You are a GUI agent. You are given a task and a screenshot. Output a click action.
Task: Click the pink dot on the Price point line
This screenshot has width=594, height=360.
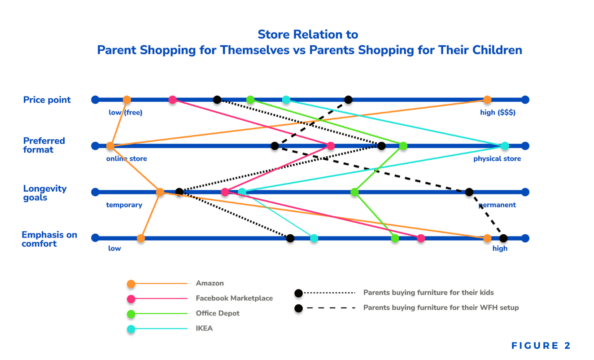172,100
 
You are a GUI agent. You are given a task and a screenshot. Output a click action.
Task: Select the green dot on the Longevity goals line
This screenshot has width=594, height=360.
354,192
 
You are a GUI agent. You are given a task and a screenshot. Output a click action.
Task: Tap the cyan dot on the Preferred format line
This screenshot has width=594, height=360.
505,146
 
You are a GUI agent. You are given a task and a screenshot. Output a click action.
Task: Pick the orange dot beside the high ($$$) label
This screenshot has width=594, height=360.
487,100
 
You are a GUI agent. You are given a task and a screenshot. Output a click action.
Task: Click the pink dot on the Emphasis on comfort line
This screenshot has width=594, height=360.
421,238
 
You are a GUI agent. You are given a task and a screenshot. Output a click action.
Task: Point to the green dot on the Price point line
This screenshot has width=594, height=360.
250,100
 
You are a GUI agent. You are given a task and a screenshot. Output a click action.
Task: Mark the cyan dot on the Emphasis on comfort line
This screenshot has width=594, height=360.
314,238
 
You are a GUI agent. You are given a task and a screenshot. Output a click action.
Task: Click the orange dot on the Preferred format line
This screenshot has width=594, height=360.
110,146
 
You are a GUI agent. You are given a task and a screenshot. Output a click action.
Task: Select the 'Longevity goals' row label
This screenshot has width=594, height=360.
45,193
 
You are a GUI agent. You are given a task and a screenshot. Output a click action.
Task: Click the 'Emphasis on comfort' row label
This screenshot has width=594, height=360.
49,239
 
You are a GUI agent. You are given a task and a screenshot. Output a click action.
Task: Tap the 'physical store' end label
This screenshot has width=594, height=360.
497,158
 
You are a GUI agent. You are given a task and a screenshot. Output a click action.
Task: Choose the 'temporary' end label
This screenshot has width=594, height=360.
124,205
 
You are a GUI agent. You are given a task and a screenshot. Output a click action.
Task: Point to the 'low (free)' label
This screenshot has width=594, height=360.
126,113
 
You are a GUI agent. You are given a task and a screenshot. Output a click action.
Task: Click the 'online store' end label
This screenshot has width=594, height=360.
126,158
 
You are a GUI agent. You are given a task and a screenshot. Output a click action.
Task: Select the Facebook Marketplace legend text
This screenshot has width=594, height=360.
234,298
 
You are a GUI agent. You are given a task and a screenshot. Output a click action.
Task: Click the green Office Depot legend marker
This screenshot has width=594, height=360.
131,314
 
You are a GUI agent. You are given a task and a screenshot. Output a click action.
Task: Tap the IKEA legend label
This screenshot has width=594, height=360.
204,328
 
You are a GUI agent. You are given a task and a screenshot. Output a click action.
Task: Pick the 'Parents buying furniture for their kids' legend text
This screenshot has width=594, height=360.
428,293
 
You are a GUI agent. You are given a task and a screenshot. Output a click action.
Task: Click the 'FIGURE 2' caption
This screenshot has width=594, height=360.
541,346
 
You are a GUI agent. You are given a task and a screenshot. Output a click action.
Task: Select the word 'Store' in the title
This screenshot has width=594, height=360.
274,35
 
